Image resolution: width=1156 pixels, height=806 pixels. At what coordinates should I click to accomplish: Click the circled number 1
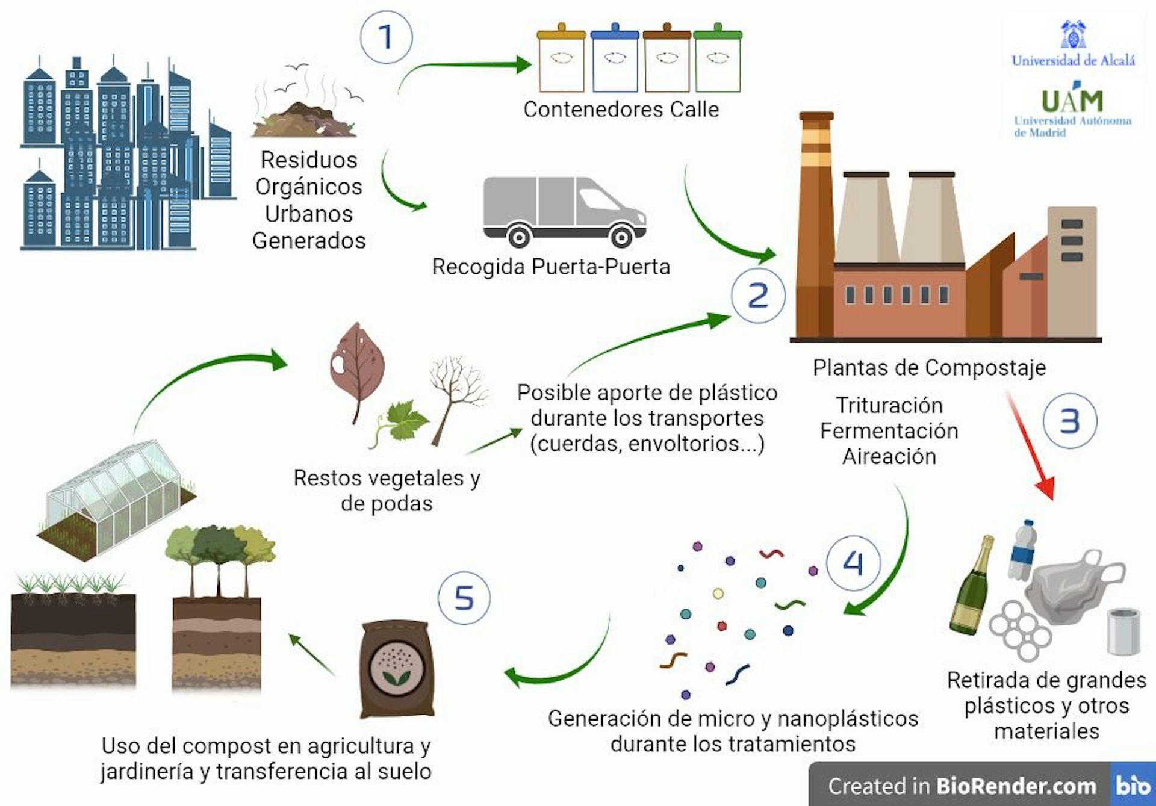(x=386, y=37)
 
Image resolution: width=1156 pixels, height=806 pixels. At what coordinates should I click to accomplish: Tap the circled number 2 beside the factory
(x=758, y=296)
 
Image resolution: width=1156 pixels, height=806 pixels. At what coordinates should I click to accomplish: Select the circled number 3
(x=1069, y=421)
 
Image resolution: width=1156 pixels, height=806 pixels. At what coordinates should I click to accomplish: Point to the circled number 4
(x=853, y=563)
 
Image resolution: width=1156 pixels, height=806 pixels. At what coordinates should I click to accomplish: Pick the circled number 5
(x=464, y=598)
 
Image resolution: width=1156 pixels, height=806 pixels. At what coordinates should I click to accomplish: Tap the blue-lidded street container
(x=615, y=61)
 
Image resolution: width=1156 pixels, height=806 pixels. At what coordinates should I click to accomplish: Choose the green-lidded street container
(x=717, y=61)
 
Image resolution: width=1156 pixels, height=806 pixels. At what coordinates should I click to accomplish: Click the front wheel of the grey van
(x=621, y=236)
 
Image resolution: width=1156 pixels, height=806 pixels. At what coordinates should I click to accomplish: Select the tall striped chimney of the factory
(x=816, y=223)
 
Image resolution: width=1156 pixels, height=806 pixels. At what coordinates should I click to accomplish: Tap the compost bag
(x=397, y=669)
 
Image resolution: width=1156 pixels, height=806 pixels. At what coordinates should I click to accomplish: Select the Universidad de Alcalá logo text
(x=1073, y=60)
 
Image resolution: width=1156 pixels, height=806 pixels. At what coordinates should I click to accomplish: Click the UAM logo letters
(x=1072, y=101)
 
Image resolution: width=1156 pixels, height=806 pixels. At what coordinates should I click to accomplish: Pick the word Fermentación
(x=889, y=431)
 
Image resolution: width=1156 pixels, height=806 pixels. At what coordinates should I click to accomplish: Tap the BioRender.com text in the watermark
(x=1016, y=786)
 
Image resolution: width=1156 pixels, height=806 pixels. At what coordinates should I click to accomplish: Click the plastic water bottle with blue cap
(x=1023, y=550)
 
